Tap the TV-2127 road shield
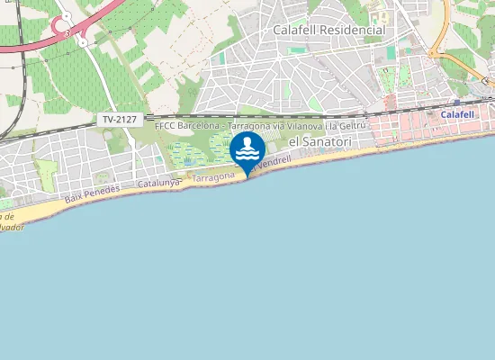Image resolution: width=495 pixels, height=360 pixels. coord(119,119)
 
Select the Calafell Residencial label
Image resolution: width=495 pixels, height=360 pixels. coord(328,30)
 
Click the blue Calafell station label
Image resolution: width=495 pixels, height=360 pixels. coord(457,115)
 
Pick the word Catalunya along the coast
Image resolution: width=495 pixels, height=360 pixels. coord(160,184)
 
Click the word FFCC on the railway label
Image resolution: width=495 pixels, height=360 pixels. coord(166,126)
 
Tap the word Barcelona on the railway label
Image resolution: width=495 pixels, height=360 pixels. coord(199,126)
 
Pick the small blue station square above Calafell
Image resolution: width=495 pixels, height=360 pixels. coord(457,103)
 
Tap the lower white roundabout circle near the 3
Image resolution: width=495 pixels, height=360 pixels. coord(82,41)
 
